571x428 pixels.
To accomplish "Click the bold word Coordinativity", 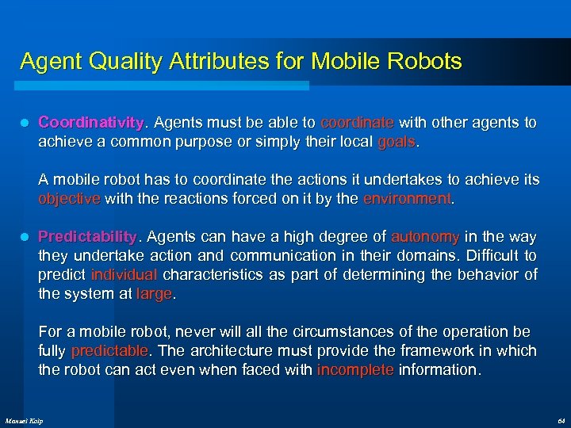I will coord(90,124).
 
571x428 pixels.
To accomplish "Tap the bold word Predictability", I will coord(88,237).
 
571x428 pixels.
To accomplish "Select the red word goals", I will coord(396,143).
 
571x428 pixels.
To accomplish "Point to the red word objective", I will coord(69,199).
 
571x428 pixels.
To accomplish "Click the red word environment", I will coord(406,199).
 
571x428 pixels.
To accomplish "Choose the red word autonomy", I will coord(424,237).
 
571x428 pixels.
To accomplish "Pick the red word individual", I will coord(124,275).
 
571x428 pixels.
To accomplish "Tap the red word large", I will coord(154,294).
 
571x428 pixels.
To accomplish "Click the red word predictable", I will coord(109,350).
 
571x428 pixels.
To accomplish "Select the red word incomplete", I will coord(354,369).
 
